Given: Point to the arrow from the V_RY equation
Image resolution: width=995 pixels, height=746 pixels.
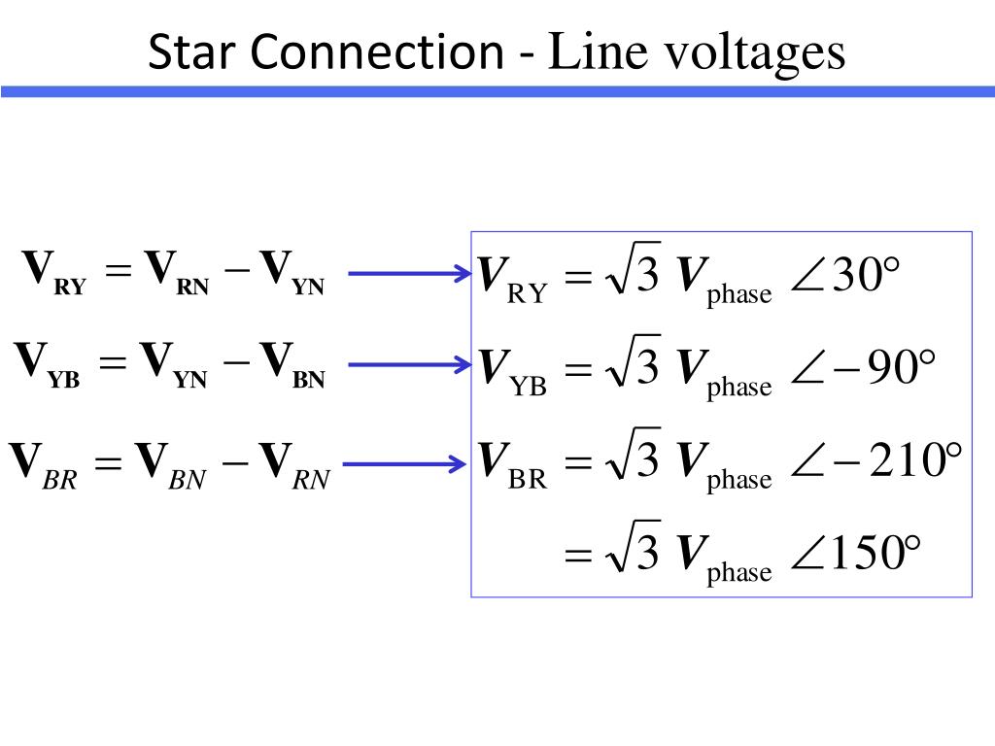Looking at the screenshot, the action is (410, 273).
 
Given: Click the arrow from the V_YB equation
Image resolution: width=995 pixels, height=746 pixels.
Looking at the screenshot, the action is (410, 365).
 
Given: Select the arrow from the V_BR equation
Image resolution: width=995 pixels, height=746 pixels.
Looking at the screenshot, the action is (405, 463).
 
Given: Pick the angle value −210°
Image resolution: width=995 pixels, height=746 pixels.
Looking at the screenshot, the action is (898, 459).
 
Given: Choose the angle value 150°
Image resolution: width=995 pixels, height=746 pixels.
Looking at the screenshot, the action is (875, 553).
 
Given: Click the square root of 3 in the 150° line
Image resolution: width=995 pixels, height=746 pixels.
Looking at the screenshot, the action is (633, 547).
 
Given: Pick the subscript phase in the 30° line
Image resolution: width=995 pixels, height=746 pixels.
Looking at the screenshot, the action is (739, 293).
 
